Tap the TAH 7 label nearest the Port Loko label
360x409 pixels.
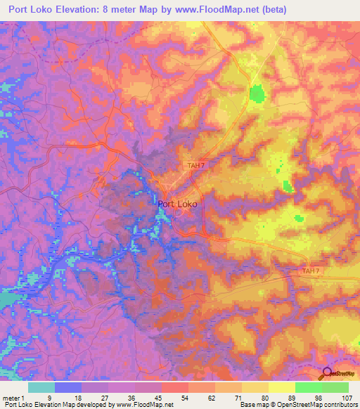[x=196, y=166]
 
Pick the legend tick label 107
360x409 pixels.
[x=347, y=398]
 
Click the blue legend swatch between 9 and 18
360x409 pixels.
[x=68, y=387]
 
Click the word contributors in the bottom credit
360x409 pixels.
[x=339, y=405]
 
